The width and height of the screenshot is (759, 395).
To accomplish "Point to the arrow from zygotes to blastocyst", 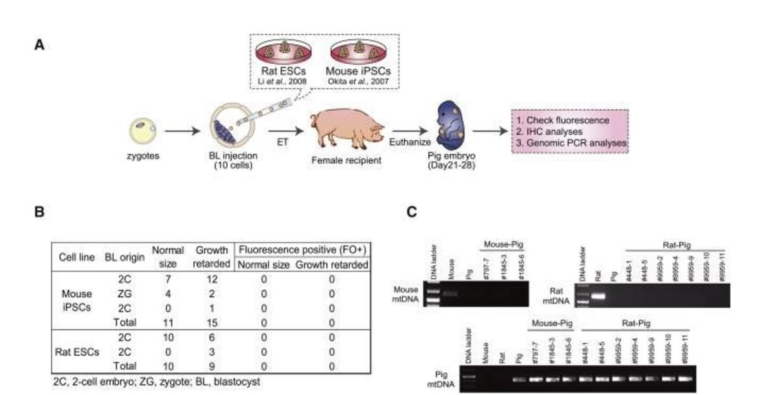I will pyautogui.click(x=182, y=134).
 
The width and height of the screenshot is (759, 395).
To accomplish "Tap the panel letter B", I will pyautogui.click(x=39, y=212).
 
